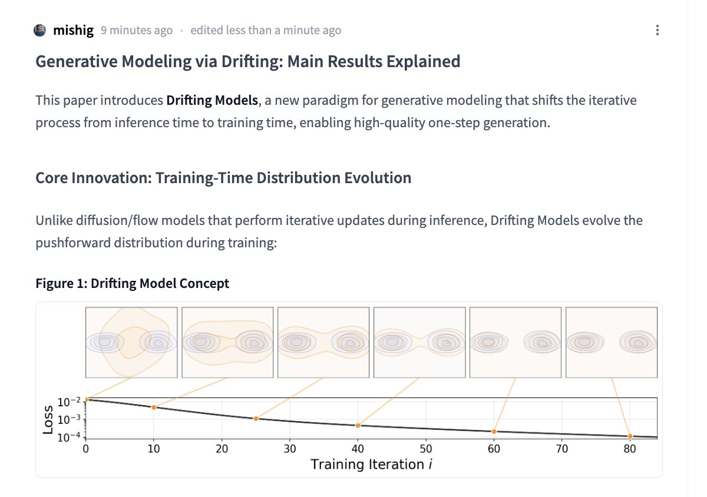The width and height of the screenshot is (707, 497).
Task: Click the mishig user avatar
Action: point(40,31)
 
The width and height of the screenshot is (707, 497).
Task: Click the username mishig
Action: point(73,31)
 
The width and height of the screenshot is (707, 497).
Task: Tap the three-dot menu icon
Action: point(657,31)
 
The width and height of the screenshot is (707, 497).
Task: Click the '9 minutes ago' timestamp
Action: point(137,31)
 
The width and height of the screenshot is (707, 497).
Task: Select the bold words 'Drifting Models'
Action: point(212,101)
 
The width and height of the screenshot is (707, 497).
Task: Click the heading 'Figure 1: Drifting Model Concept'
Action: point(132,283)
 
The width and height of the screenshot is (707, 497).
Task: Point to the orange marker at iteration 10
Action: point(154,407)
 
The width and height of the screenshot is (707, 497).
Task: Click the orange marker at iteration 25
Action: point(256,419)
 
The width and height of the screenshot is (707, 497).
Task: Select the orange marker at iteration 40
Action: point(358,426)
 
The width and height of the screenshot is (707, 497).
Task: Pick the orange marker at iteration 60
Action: point(494,432)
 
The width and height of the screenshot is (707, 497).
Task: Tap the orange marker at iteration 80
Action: point(630,436)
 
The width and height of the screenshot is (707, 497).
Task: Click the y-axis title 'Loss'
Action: point(48,419)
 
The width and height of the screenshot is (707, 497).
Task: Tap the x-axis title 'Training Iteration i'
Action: point(371,465)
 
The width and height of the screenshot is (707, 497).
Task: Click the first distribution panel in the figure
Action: point(131,342)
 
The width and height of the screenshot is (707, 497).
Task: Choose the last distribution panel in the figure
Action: point(611,342)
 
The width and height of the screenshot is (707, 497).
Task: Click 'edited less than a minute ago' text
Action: point(265,31)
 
